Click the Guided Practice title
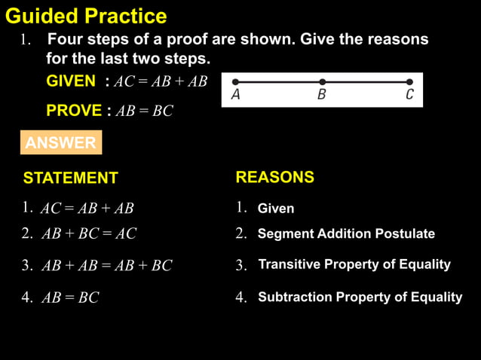click(x=86, y=16)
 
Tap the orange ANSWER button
click(x=60, y=143)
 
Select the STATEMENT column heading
click(x=70, y=178)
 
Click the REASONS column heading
click(x=274, y=178)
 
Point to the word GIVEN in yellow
click(x=71, y=81)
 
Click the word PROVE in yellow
click(x=74, y=111)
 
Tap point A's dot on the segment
click(x=235, y=82)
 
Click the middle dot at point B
click(x=322, y=82)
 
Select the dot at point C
click(x=409, y=82)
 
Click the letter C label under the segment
click(x=409, y=96)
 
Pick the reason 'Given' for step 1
click(x=276, y=209)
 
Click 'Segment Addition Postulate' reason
click(x=346, y=234)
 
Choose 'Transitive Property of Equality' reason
click(x=354, y=264)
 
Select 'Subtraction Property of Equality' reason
click(x=360, y=297)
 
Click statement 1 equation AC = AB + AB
click(x=87, y=209)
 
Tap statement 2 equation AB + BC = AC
click(x=89, y=234)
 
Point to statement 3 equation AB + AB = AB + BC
click(x=106, y=266)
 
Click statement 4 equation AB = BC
click(x=70, y=298)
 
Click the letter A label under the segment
click(x=236, y=96)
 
